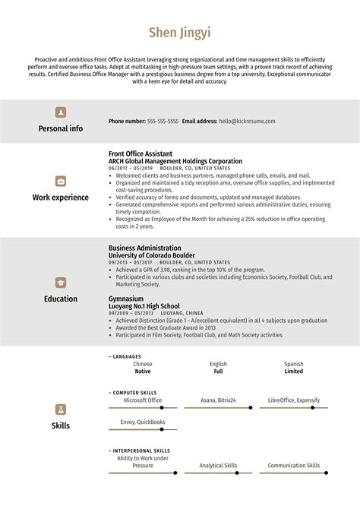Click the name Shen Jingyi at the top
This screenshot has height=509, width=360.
tap(180, 33)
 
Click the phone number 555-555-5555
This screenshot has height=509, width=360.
tap(163, 121)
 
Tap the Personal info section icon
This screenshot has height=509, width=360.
tap(61, 112)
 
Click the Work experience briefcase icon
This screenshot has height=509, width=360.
tap(61, 181)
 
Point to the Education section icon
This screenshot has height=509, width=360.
tap(61, 282)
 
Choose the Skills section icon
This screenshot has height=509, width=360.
tap(61, 409)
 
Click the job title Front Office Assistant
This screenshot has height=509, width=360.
tap(141, 153)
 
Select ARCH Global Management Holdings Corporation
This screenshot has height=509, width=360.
tap(175, 161)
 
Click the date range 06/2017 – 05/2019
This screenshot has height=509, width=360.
tap(131, 168)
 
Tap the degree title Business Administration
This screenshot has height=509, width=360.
tap(145, 248)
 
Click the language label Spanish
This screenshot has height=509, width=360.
tap(293, 364)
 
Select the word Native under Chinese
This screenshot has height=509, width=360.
tap(143, 371)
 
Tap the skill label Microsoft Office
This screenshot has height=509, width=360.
tap(143, 400)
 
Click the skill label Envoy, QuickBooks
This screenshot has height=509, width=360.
tap(143, 422)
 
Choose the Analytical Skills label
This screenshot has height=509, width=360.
tap(218, 465)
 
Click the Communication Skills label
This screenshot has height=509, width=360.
tap(293, 465)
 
